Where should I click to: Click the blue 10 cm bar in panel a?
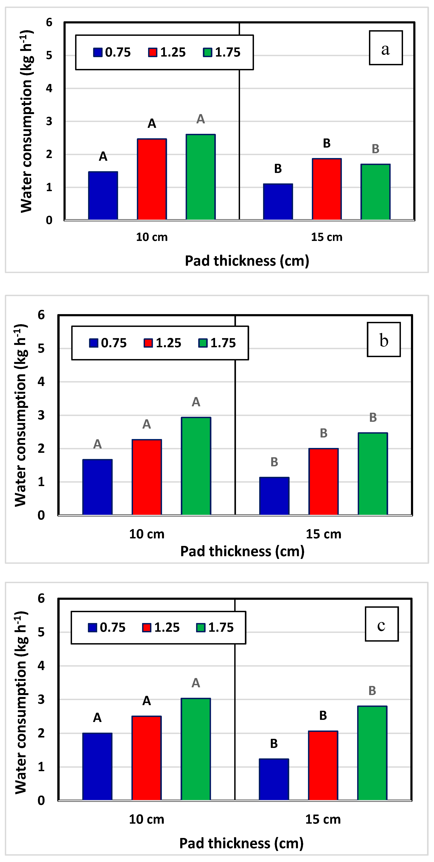103,196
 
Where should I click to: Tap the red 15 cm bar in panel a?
327,189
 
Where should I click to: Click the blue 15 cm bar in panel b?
274,496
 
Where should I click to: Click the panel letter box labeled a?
386,48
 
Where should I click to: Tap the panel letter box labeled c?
382,624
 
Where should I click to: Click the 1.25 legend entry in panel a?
167,52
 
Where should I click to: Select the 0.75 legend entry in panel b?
108,343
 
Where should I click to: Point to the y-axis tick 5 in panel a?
49,55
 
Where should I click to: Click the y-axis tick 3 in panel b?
41,415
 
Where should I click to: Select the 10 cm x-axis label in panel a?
152,237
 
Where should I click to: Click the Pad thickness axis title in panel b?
242,551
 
